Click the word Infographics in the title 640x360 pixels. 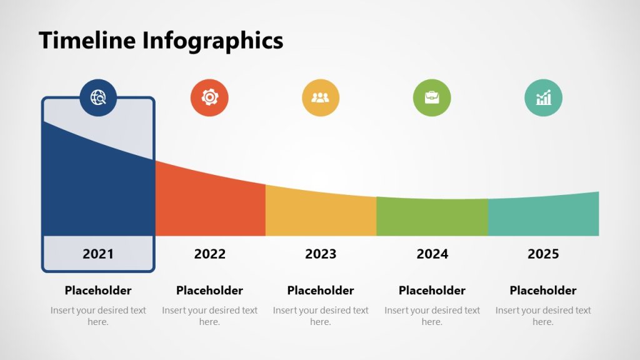213,41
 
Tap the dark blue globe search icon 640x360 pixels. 98,97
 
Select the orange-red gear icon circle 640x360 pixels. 209,97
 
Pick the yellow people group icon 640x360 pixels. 321,97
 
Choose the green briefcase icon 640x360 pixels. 432,97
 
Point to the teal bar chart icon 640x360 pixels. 543,97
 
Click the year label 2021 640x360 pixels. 98,254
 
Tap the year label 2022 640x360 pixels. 209,254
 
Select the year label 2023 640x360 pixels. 321,254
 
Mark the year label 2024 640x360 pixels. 432,254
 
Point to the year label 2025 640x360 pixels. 543,254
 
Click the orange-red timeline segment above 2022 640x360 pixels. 210,206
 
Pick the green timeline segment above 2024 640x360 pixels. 432,217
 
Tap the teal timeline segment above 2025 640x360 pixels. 543,216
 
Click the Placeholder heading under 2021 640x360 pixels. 98,291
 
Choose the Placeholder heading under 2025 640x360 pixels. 543,291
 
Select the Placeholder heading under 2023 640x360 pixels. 321,291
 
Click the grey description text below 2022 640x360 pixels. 209,316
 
